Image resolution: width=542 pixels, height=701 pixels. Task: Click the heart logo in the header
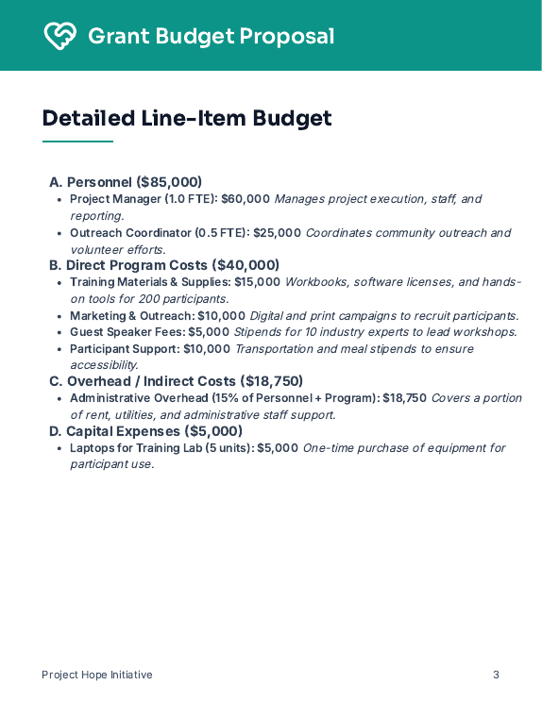point(59,36)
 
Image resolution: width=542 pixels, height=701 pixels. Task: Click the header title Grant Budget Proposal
point(211,37)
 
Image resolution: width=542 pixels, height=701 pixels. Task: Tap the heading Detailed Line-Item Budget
point(187,118)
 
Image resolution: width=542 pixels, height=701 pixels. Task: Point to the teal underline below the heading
point(77,142)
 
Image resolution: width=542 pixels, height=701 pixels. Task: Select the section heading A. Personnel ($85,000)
point(126,182)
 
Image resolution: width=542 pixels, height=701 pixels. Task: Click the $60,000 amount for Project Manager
point(246,199)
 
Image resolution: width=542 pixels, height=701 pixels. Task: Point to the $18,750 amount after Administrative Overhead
point(404,398)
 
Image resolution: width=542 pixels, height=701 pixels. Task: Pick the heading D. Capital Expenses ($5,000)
point(145,431)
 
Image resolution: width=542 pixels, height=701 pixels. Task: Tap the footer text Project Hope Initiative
point(97,675)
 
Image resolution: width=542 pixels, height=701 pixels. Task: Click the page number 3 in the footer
point(496,675)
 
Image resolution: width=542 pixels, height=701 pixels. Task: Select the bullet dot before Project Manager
point(59,200)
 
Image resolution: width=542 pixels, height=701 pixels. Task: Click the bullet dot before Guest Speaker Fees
point(59,332)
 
